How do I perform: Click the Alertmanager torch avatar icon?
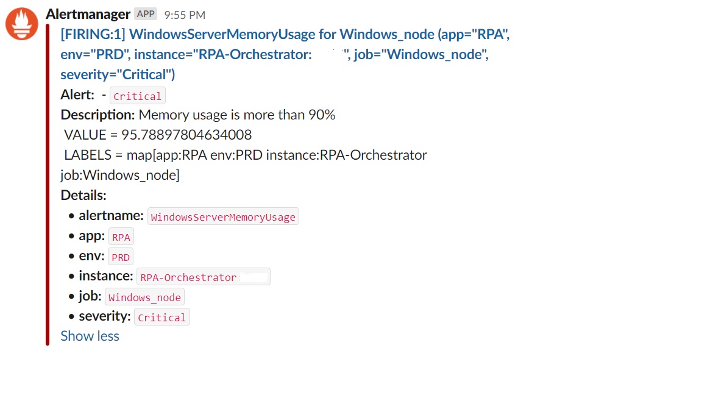22,24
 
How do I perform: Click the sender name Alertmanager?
88,14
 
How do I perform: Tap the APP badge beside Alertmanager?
146,14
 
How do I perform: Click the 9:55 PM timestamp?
185,15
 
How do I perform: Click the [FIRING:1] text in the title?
93,35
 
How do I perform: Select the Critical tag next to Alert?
137,96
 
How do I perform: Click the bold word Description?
97,115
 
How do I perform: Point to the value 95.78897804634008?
186,135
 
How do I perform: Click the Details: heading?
83,195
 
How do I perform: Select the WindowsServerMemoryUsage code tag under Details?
223,217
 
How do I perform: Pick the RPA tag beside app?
121,237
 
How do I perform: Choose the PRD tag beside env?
121,257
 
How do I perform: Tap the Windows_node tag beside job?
144,297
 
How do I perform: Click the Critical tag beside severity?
161,318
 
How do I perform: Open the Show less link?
90,336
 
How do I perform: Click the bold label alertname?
111,216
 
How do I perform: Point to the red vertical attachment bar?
48,183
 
